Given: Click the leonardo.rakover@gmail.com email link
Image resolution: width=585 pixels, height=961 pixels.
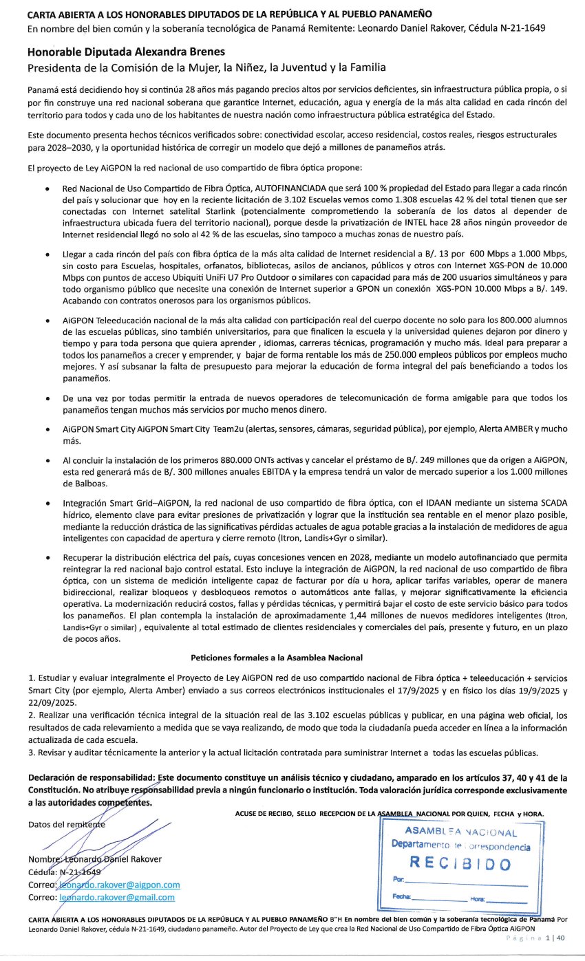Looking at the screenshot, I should (117, 897).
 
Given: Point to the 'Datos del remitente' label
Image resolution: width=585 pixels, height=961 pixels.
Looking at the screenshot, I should (67, 824).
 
